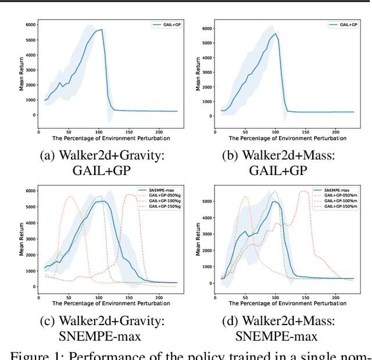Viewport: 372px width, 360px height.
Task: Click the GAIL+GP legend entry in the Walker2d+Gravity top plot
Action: (x=166, y=25)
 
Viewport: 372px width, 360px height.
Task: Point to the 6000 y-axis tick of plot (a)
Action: (x=30, y=24)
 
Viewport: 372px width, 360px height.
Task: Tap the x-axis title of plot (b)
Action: (x=287, y=138)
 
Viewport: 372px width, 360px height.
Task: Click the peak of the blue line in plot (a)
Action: (x=102, y=30)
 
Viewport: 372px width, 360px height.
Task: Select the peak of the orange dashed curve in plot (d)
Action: (x=245, y=197)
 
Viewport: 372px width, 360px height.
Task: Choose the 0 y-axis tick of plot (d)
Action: (x=212, y=283)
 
